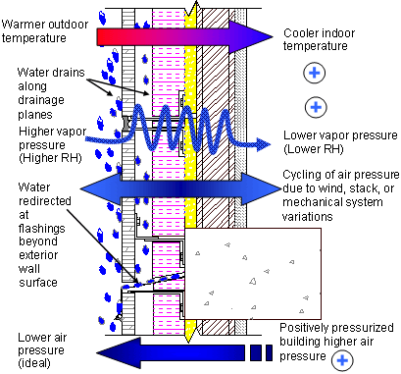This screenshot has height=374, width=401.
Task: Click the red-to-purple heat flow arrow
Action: (x=184, y=36)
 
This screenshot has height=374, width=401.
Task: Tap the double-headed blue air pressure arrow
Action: (x=180, y=188)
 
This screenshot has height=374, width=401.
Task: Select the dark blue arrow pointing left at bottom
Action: (x=184, y=353)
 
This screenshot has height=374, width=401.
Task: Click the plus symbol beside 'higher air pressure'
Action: (x=342, y=360)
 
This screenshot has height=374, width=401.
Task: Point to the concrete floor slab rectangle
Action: (x=253, y=274)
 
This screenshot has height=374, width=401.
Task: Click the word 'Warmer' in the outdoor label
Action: (x=23, y=25)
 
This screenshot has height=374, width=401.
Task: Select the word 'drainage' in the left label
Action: (x=41, y=100)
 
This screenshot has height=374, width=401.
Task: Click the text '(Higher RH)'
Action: (x=50, y=158)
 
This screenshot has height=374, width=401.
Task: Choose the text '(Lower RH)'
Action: (x=314, y=149)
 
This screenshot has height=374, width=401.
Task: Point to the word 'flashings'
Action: (x=42, y=228)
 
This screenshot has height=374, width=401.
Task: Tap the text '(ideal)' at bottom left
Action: (x=34, y=363)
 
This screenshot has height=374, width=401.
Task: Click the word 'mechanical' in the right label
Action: (x=311, y=202)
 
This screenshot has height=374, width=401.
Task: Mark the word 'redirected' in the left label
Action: (x=45, y=200)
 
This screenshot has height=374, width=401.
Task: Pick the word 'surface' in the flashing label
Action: (x=38, y=283)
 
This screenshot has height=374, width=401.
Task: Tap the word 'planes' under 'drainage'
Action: (x=35, y=115)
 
